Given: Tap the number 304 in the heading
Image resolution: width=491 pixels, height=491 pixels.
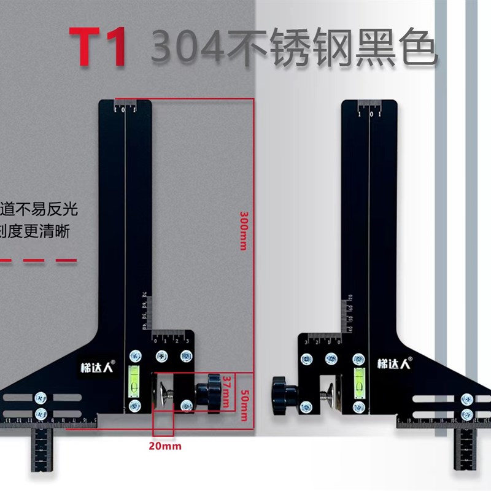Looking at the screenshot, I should tap(188, 48).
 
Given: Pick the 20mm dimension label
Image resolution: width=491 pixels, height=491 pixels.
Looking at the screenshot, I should tap(165, 446).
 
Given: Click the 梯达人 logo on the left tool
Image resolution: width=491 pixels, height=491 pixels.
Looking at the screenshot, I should tap(94, 363).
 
